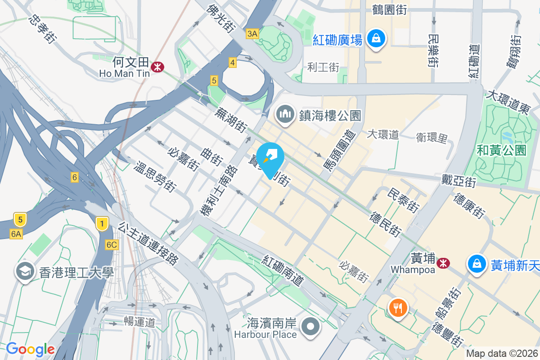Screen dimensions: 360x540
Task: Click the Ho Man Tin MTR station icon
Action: pos(157,67)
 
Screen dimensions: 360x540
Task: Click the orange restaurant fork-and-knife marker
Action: pos(398,308)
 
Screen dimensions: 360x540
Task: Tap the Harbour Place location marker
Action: pos(310,327)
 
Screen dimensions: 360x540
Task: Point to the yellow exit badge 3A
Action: pos(252,33)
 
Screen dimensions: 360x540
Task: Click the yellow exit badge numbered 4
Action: pos(232,63)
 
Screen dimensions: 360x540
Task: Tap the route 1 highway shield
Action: pos(103,223)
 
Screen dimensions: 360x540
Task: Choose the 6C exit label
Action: pos(112,245)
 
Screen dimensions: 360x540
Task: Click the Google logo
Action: pos(30,349)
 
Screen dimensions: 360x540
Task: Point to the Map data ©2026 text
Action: pos(502,353)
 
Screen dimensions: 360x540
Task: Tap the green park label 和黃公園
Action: pos(501,150)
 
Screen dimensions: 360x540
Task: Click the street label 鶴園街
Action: pos(389,10)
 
